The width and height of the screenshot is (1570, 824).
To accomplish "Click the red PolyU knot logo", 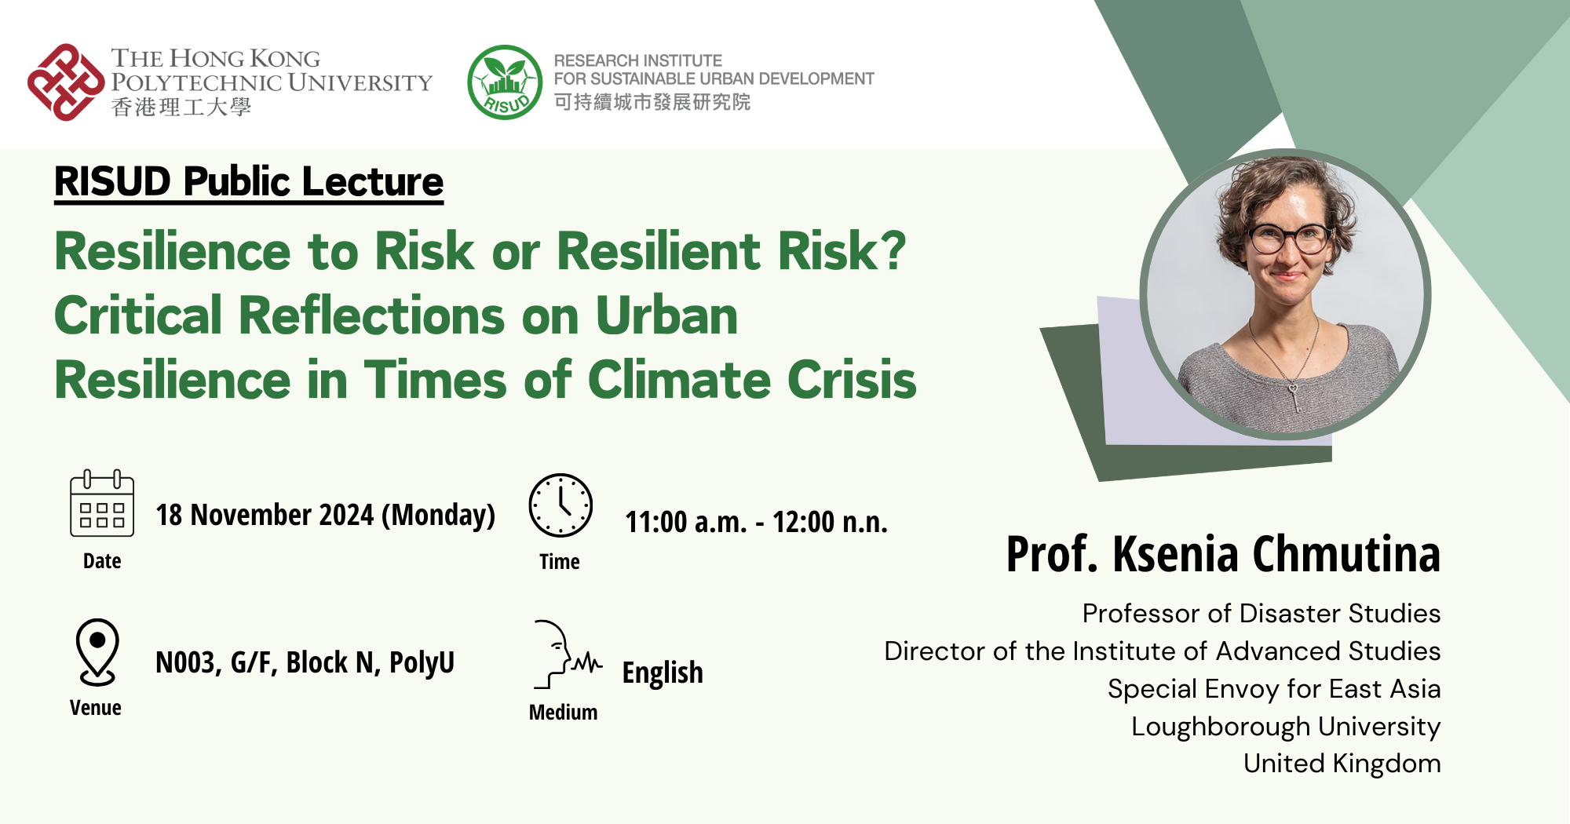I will tap(66, 82).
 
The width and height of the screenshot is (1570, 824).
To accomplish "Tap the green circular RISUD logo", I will tap(505, 82).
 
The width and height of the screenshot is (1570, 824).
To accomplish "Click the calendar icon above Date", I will tap(102, 504).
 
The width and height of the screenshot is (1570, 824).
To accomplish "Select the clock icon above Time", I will tap(560, 505).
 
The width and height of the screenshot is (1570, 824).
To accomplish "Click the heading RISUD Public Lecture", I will tap(249, 182).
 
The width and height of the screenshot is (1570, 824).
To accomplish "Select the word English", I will tap(663, 673).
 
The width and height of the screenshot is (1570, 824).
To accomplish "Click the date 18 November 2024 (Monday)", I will tap(325, 516).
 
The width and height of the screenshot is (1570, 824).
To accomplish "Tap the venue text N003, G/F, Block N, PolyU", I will tap(305, 663).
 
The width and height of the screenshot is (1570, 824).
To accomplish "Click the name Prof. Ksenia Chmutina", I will tap(1223, 554).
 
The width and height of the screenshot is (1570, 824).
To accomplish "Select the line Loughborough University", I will tap(1285, 727).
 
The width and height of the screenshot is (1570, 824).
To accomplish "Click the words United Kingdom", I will tap(1342, 764).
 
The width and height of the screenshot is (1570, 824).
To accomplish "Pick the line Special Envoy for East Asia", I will tap(1273, 689).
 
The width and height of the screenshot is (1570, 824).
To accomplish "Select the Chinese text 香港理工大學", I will tap(181, 108).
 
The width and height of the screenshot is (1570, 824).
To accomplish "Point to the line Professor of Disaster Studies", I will tap(1261, 614).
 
